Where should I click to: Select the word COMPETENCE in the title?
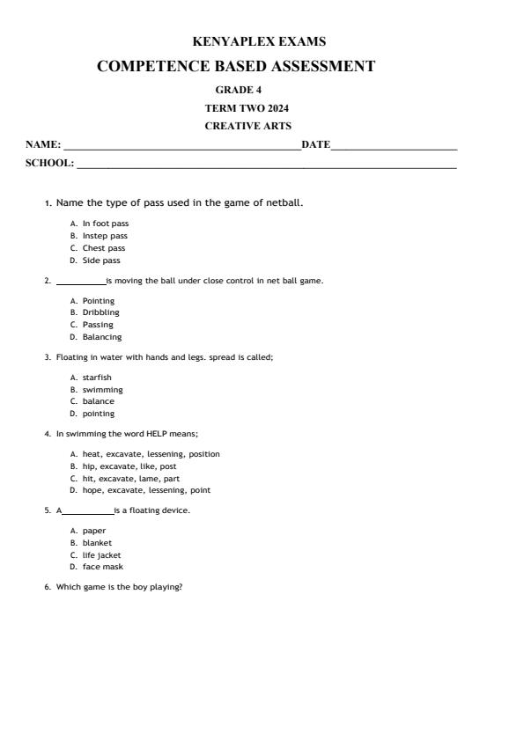point(151,66)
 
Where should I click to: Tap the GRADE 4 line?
point(238,90)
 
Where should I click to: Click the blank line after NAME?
point(181,146)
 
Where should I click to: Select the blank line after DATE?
point(394,146)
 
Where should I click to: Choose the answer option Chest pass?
point(104,248)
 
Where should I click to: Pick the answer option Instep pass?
point(105,236)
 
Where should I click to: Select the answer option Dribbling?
point(100,312)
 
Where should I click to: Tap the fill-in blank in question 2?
point(80,282)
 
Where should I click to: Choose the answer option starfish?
point(97,378)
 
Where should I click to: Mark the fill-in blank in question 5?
point(88,511)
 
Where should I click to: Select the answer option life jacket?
point(101,555)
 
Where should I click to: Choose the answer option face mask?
point(102,568)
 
